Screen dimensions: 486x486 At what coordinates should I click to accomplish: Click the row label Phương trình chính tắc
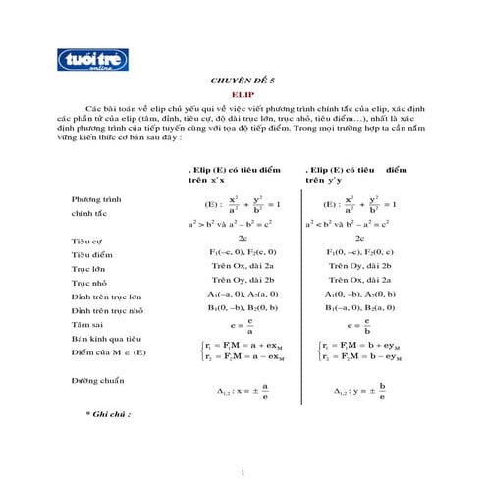94,205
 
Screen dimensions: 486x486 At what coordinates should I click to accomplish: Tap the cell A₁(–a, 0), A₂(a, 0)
243,295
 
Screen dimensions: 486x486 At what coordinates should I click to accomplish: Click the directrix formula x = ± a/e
243,391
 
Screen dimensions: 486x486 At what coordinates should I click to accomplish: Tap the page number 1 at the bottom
243,474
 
